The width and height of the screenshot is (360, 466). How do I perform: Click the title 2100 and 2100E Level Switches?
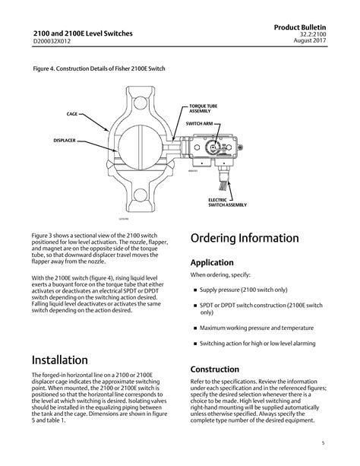tap(82, 33)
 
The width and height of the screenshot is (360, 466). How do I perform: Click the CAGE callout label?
tap(72, 113)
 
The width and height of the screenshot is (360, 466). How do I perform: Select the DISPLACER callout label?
tap(64, 141)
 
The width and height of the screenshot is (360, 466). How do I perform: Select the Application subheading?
tap(216, 262)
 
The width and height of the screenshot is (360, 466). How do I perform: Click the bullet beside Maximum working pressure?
tap(195, 328)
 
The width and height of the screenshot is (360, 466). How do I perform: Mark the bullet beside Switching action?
tap(195, 344)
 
